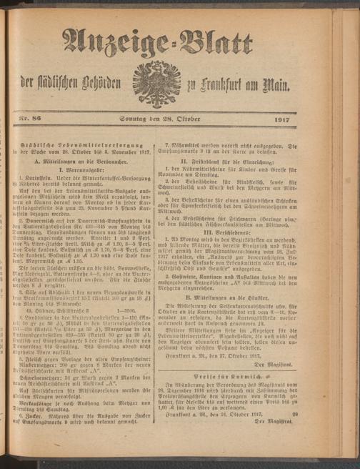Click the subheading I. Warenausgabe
(x=91, y=154)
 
